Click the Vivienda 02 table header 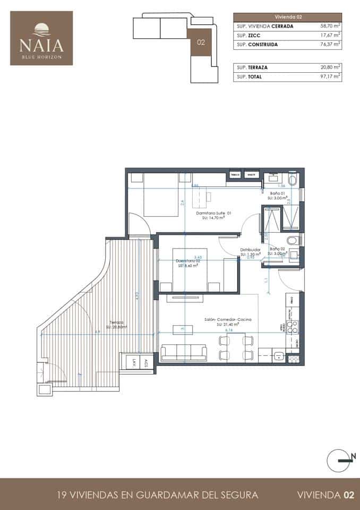(x=287, y=16)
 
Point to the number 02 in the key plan (x=201, y=42)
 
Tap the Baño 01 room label (x=278, y=193)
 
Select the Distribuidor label (x=250, y=249)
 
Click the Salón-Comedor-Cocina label (x=227, y=320)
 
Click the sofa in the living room (x=184, y=352)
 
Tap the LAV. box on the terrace (x=134, y=363)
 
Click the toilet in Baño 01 (x=293, y=179)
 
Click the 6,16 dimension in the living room (x=229, y=330)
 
